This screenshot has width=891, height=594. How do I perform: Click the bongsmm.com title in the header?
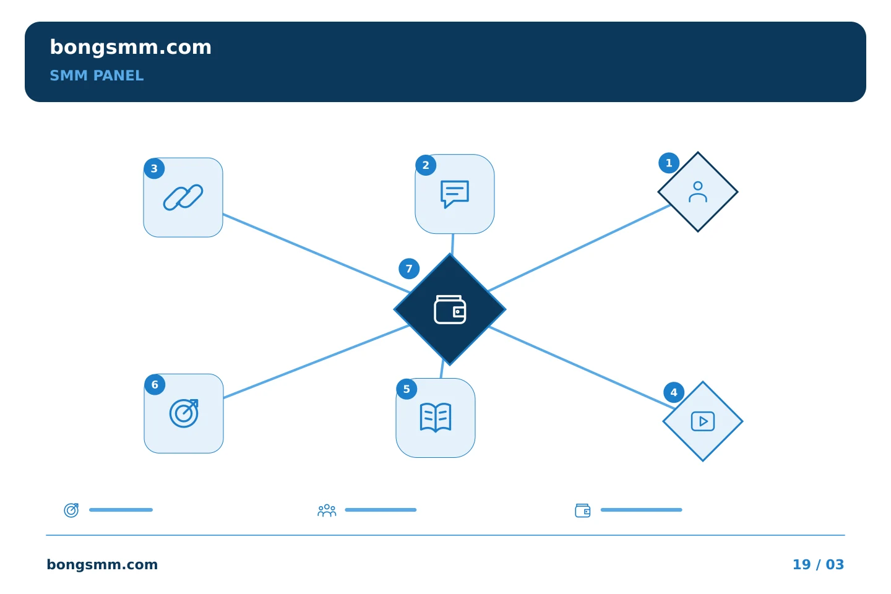point(131,48)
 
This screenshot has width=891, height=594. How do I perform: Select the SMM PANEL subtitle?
point(97,75)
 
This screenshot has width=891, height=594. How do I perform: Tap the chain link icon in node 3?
point(183,197)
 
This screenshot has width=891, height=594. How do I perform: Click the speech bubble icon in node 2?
point(455,194)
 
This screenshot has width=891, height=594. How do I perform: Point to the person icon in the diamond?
point(698,192)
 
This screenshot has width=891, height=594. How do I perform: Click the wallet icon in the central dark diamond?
point(450,309)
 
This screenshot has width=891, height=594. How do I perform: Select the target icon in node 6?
point(184,413)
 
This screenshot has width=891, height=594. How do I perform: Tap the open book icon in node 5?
point(436,418)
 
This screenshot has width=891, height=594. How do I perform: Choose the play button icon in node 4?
point(703,421)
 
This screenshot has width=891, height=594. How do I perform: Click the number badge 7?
point(409,269)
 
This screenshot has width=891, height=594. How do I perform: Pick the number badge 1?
point(669,163)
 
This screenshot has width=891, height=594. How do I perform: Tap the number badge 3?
point(154,169)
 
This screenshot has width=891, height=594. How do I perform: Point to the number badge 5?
point(407,389)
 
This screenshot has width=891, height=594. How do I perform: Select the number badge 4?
point(674,393)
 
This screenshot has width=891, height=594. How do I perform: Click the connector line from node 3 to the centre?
point(316,254)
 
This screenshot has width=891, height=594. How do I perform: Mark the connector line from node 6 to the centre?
point(316,361)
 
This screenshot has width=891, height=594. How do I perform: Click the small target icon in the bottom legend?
point(72,510)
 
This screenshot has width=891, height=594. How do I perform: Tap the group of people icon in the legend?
point(327,510)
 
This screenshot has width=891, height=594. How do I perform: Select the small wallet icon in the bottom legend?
point(583,510)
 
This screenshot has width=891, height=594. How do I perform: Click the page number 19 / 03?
point(818,564)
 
